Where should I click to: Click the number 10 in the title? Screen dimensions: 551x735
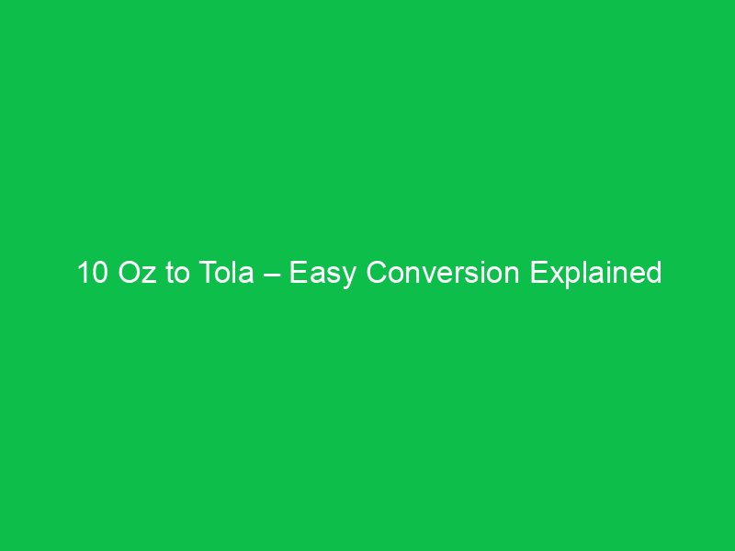click(92, 273)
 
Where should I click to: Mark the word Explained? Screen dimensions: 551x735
click(595, 273)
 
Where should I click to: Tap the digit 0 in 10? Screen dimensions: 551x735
click(98, 273)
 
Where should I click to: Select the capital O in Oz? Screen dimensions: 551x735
click(130, 273)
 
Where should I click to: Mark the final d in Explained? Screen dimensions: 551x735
click(653, 273)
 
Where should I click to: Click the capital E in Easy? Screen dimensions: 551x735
click(298, 273)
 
